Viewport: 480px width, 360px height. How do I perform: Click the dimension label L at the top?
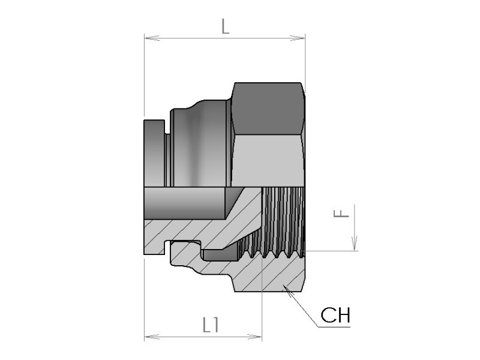point(225,26)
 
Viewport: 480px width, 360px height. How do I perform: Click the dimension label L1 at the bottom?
point(211,325)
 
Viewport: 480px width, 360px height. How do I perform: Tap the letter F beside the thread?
point(341,213)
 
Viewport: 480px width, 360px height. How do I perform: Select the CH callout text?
point(335,316)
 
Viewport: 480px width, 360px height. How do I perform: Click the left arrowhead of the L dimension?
point(152,38)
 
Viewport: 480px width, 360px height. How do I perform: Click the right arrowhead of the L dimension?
point(297,38)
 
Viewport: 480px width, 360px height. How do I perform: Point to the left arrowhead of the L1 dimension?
point(152,337)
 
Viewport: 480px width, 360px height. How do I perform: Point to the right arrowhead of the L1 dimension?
point(254,337)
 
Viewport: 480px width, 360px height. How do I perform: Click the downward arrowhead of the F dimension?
point(355,244)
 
